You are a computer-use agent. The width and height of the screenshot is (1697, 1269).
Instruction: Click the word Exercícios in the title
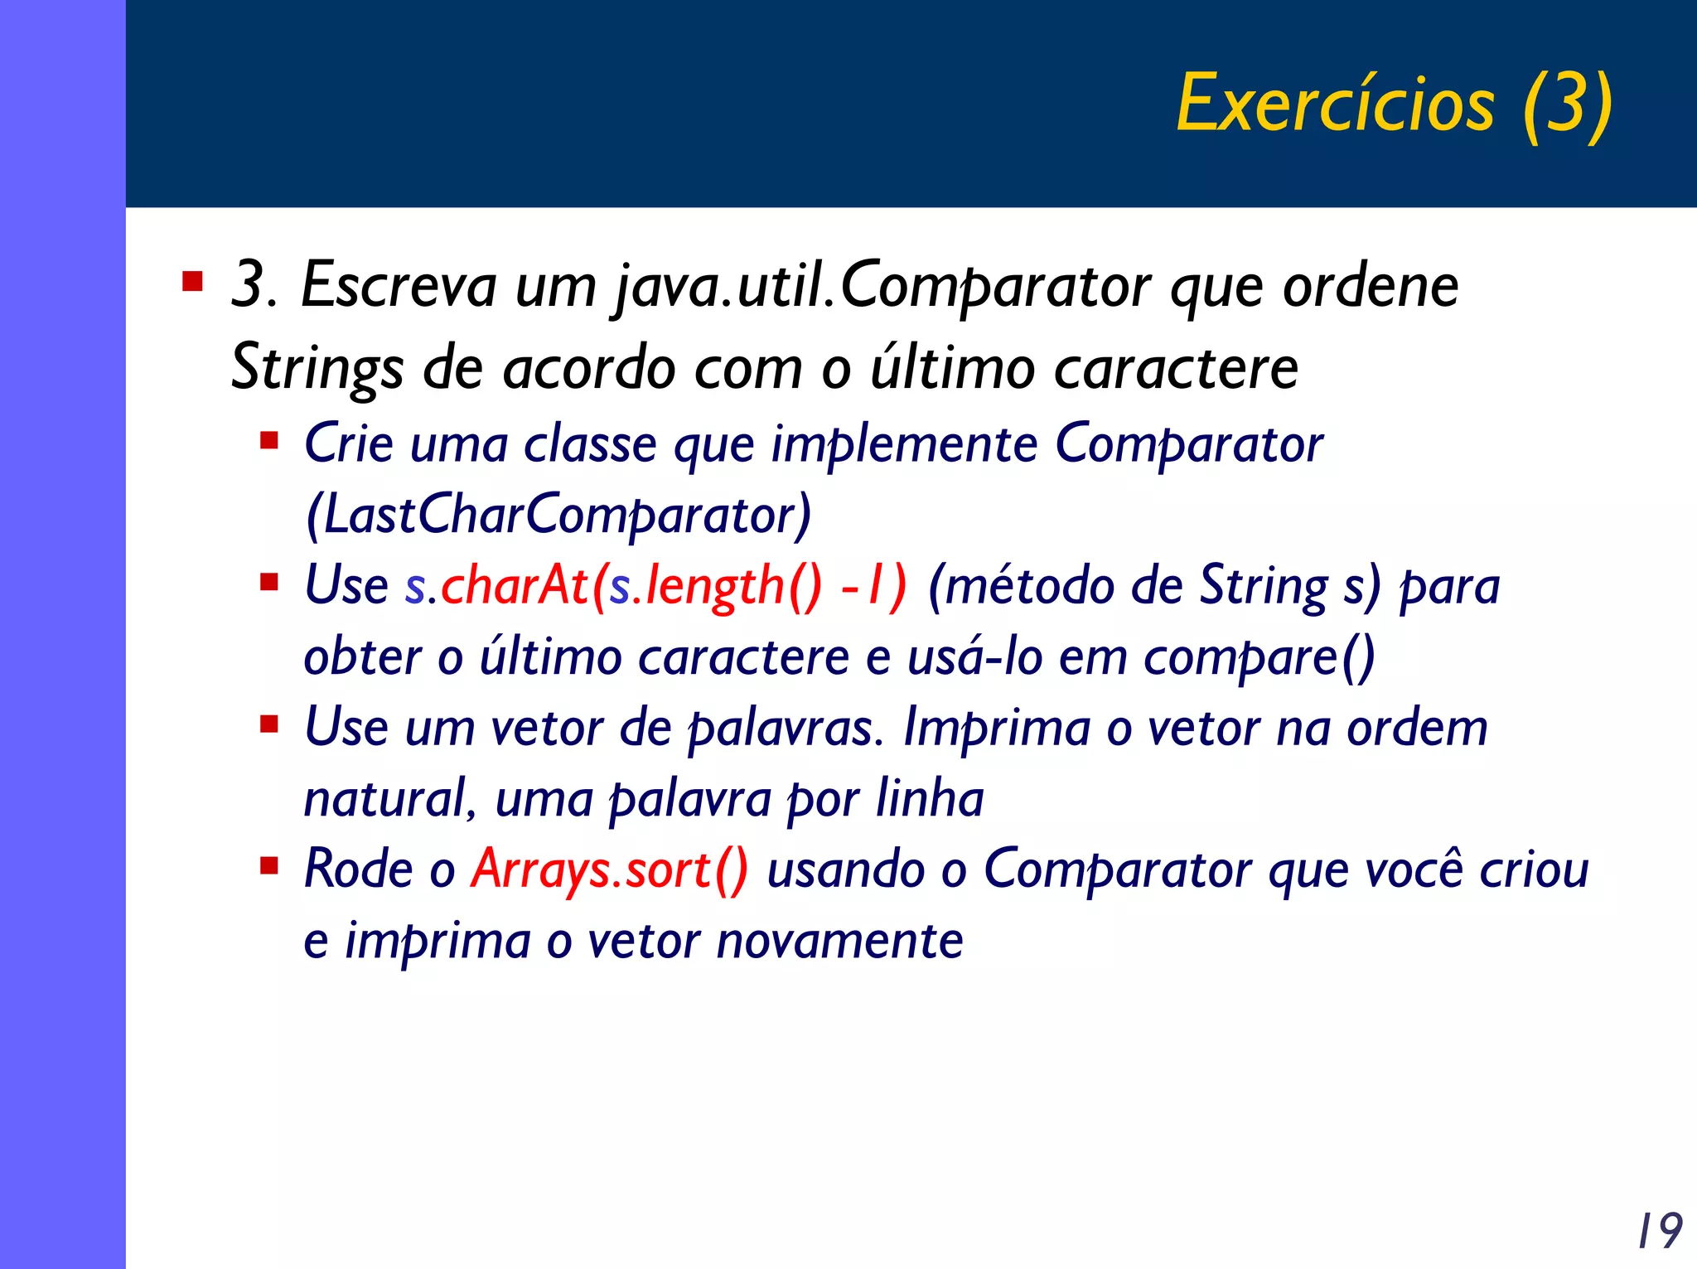[1335, 104]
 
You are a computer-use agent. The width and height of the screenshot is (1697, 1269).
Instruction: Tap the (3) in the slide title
[1567, 104]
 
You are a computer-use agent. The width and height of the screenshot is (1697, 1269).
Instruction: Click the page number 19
[1659, 1230]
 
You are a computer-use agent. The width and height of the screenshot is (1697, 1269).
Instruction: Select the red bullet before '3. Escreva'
[192, 282]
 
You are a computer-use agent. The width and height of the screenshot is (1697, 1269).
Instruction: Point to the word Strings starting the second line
[317, 368]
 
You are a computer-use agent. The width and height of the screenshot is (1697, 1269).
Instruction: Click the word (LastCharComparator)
[558, 516]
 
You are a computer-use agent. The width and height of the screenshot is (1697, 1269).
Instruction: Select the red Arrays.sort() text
[610, 870]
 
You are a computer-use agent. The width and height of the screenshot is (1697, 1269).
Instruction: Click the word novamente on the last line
[839, 942]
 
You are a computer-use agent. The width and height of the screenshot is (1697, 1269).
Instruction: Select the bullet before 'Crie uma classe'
[268, 439]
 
